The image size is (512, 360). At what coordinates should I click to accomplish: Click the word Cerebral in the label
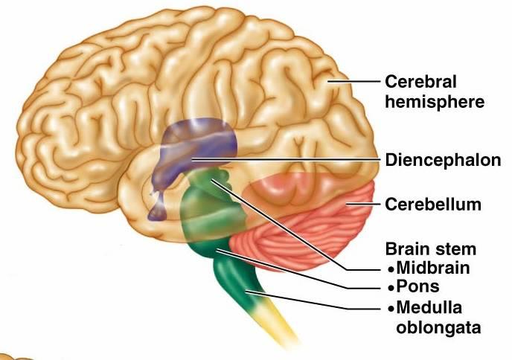tap(420, 81)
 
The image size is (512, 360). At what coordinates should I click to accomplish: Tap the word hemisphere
tap(435, 102)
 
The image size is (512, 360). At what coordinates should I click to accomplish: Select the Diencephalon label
tap(443, 160)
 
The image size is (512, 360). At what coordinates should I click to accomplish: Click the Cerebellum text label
tap(433, 205)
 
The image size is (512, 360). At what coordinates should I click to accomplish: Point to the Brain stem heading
tap(431, 249)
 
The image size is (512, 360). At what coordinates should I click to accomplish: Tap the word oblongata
tap(438, 327)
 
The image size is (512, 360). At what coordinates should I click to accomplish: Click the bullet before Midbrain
tap(391, 270)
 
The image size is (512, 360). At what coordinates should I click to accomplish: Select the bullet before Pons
tap(391, 289)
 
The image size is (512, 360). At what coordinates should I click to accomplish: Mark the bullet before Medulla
tap(391, 309)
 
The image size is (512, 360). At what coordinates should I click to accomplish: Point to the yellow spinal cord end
tap(281, 327)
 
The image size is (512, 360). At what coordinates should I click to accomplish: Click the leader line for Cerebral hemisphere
tap(354, 82)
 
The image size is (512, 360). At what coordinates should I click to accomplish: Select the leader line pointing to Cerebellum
tap(363, 205)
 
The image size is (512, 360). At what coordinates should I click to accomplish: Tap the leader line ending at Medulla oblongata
tap(313, 301)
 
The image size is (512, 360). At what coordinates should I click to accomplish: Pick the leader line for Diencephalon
tap(287, 160)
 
